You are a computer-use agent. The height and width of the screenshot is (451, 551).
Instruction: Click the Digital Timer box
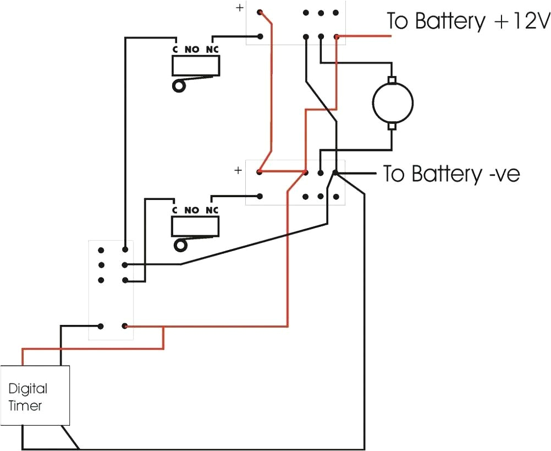(35, 395)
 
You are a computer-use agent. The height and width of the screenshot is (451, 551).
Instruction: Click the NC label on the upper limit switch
(212, 50)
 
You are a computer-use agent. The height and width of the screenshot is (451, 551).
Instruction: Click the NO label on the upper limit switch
(192, 50)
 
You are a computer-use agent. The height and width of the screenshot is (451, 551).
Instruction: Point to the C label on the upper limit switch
(175, 50)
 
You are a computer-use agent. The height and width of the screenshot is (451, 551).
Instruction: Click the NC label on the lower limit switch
(212, 210)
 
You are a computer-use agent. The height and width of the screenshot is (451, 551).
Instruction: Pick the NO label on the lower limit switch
(192, 210)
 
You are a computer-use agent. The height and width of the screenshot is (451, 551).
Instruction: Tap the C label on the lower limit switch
(175, 210)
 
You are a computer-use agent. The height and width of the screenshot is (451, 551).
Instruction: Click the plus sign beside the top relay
(239, 8)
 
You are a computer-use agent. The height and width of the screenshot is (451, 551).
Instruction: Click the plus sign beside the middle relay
(238, 170)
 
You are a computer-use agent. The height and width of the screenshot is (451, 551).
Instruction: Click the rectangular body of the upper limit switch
(196, 67)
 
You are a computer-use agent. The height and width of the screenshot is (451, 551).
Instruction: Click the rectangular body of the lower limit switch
(196, 226)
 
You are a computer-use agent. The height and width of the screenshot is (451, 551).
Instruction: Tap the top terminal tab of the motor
(392, 81)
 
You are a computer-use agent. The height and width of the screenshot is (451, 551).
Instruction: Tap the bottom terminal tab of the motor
(392, 126)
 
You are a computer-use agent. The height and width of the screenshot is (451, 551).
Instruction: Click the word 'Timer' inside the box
(25, 406)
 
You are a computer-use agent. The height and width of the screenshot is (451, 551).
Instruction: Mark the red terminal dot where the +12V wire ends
(337, 37)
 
